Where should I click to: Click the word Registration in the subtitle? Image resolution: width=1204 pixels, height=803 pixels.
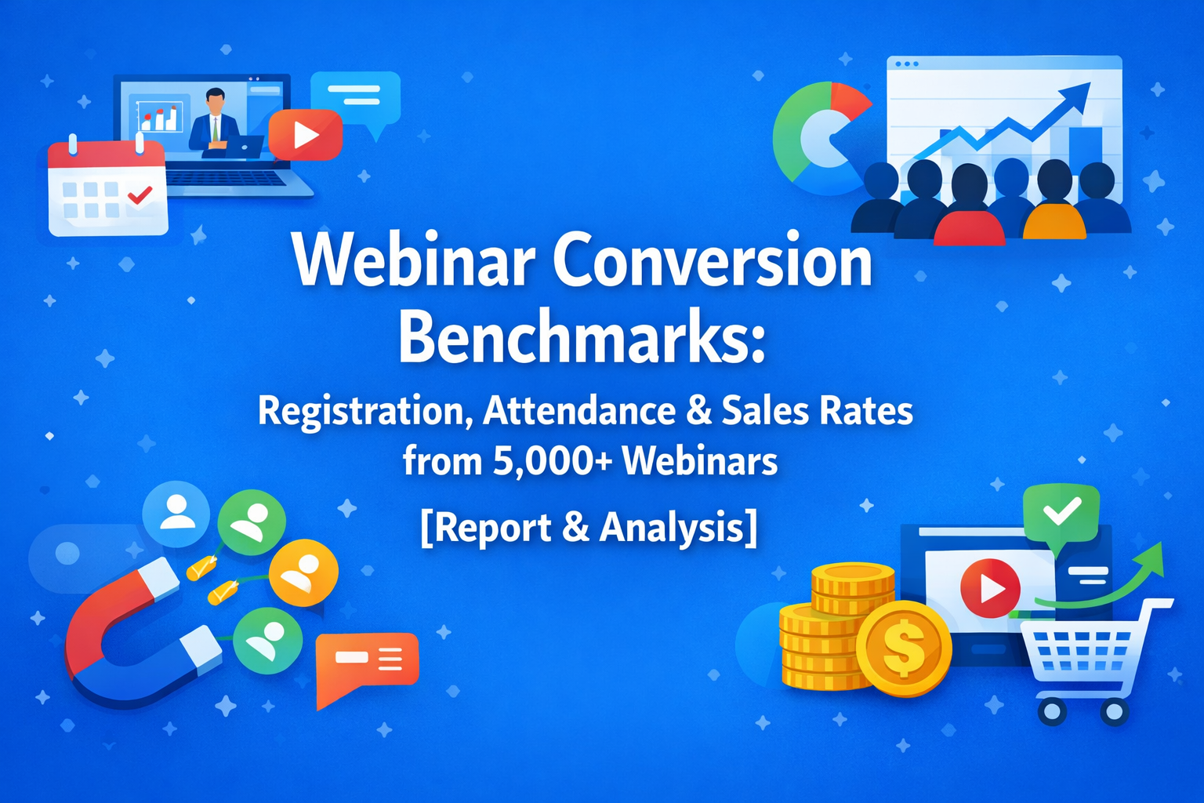(364, 411)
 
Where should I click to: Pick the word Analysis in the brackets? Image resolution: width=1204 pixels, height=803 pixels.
(673, 527)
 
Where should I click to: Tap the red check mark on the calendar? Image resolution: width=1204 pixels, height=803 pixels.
(140, 194)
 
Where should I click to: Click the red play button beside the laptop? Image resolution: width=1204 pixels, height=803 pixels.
(305, 135)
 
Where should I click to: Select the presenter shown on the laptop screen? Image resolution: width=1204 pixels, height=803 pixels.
(214, 121)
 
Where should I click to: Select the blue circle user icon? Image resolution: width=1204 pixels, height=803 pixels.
(176, 514)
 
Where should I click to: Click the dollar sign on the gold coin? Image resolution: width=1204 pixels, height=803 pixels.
(904, 648)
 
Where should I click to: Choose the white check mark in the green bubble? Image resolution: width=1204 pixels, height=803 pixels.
(1061, 511)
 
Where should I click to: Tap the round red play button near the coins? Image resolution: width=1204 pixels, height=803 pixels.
(990, 587)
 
